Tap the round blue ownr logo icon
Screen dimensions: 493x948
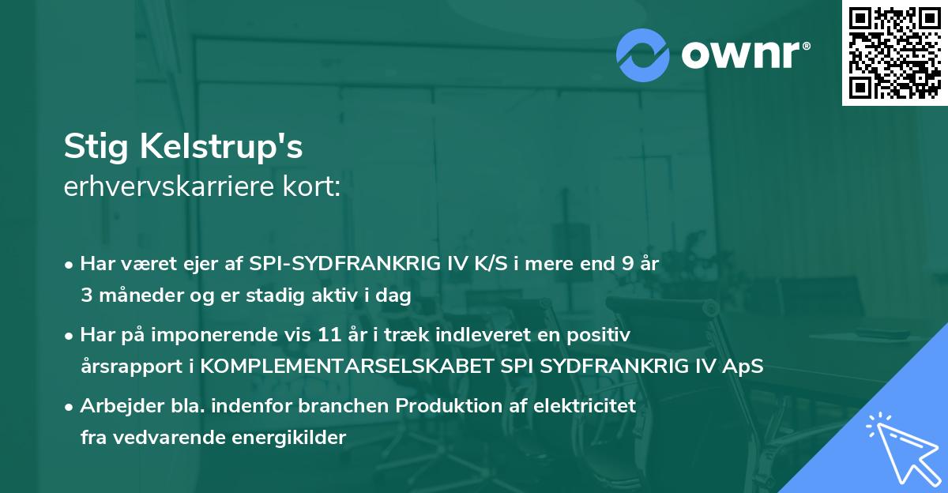642,55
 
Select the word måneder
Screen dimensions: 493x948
135,295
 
